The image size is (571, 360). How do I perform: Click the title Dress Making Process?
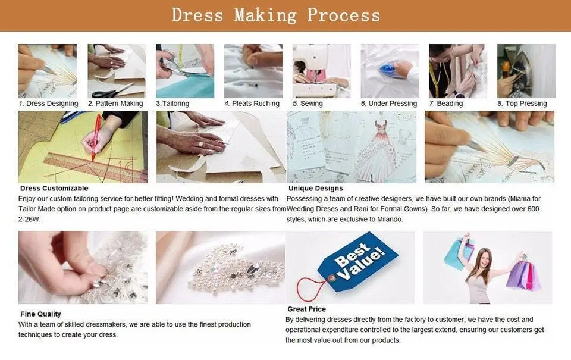(276, 15)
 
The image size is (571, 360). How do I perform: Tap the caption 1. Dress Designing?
(48, 104)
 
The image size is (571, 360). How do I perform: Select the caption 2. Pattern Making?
(115, 104)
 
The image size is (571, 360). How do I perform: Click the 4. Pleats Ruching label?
(252, 104)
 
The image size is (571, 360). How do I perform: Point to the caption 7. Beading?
(446, 104)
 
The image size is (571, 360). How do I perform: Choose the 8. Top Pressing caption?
(522, 104)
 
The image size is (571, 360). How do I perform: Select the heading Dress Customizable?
(54, 189)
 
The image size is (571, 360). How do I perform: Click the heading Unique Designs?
(316, 189)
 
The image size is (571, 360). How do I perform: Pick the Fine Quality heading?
(40, 314)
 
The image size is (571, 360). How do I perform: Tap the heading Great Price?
(307, 309)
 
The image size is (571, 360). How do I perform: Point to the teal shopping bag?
(454, 252)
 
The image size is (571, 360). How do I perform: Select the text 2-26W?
(30, 220)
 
